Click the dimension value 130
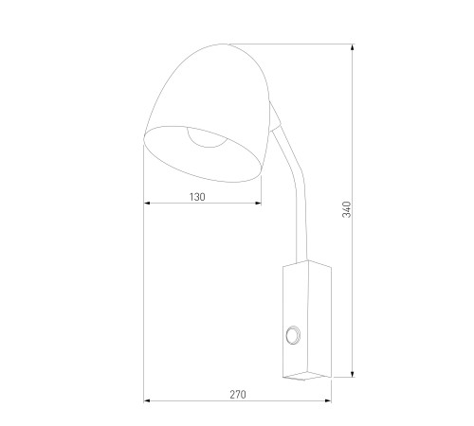[x=197, y=197]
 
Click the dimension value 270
[x=238, y=395]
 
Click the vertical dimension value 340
[x=347, y=209]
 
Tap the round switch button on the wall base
[x=293, y=334]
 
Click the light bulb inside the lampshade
[x=207, y=137]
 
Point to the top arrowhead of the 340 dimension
[x=353, y=47]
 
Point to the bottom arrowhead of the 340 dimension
[x=353, y=374]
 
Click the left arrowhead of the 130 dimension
[x=147, y=203]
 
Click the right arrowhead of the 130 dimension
[x=258, y=203]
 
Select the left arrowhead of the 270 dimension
[x=147, y=400]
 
